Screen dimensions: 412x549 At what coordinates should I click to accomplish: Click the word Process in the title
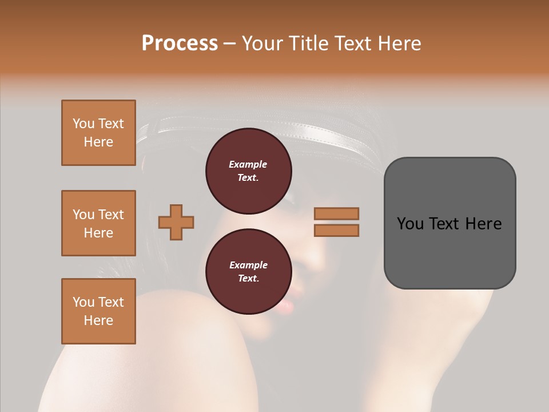click(x=180, y=43)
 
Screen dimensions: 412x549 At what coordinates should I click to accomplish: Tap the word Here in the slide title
click(x=399, y=43)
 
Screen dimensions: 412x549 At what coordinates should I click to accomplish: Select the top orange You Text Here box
click(x=98, y=133)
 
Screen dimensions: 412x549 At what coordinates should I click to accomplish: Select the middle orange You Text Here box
click(x=98, y=223)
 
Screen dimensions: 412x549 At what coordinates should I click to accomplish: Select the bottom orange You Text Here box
click(x=98, y=311)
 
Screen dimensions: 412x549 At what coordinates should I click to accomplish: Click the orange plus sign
click(x=176, y=222)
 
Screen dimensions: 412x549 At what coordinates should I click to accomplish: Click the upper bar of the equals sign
click(x=336, y=213)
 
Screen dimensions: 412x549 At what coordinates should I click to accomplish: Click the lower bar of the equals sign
click(x=336, y=230)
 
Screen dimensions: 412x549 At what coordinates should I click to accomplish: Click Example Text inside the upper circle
click(x=248, y=171)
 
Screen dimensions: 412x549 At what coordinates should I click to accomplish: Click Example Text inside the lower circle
click(x=248, y=272)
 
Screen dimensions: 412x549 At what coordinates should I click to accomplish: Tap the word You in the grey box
click(x=409, y=224)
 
